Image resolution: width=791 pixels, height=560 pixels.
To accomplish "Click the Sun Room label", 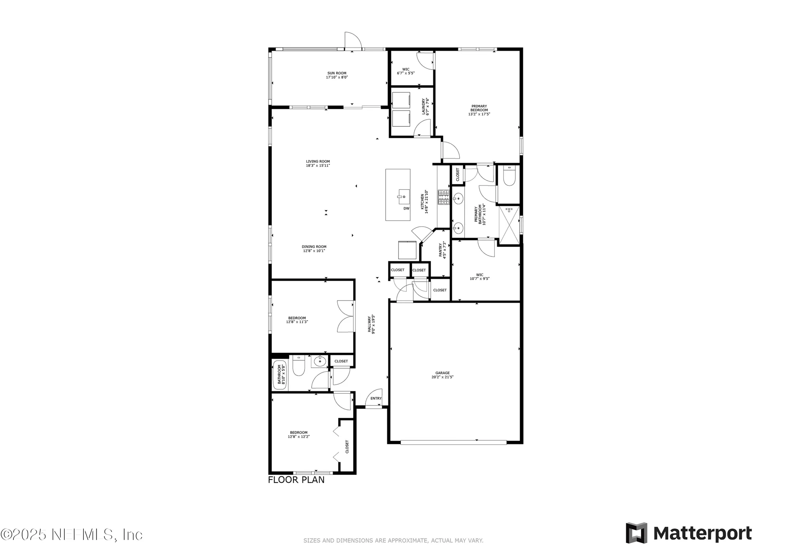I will pos(337,73).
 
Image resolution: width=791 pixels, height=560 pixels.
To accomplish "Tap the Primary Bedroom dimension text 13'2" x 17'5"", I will pos(479,114).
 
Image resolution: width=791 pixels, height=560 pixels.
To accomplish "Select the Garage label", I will pos(442,373).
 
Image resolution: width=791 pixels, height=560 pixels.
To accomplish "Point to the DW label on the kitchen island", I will pos(406,208).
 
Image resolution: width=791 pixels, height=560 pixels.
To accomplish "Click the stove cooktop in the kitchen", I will pos(443,197).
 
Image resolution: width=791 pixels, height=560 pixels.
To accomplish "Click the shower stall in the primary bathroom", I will pos(509,225).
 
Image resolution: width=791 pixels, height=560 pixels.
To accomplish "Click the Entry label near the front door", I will pos(376,398).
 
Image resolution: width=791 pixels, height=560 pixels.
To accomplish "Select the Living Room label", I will pos(318,162).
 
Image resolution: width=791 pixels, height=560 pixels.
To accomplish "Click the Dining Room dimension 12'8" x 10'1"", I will pos(314,251).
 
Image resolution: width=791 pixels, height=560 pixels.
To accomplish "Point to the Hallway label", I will pos(369,324).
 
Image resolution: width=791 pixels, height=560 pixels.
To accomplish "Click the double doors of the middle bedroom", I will pos(345,316).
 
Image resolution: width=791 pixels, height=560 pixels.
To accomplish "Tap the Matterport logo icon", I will pos(636,533).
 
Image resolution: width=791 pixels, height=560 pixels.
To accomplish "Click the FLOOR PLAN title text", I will pos(296,480).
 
